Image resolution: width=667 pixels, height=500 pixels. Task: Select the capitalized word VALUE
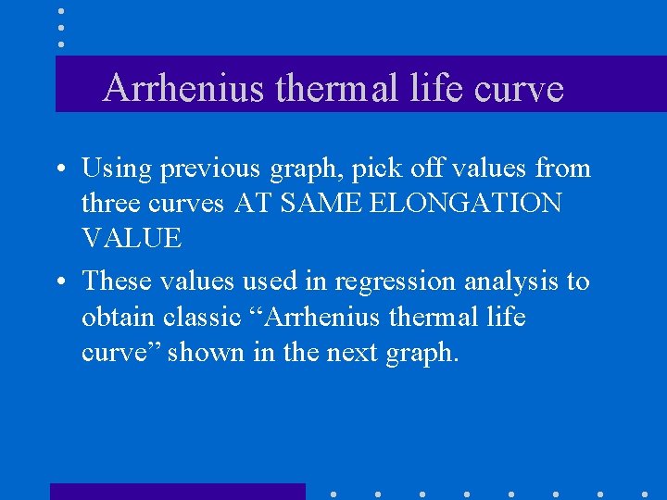pyautogui.click(x=132, y=238)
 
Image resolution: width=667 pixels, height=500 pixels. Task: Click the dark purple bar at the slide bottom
pyautogui.click(x=177, y=491)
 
